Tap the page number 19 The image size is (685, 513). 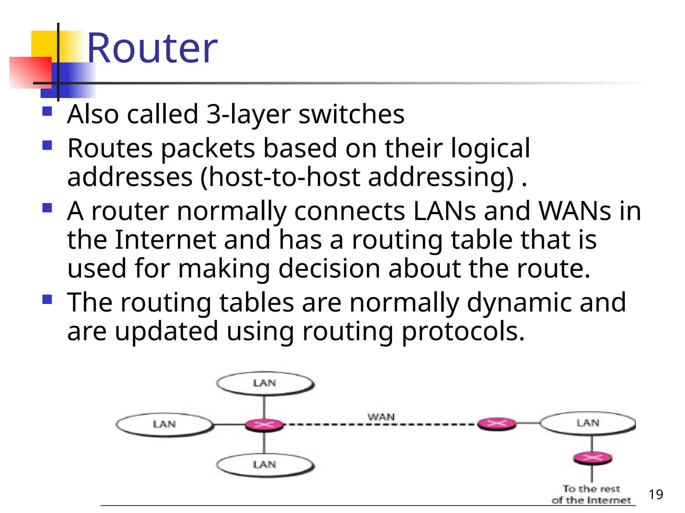click(x=656, y=494)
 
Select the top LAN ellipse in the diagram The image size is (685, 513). click(x=265, y=383)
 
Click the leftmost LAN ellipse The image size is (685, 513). click(x=164, y=424)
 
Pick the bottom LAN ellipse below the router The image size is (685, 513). click(x=265, y=465)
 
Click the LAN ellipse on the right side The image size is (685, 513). click(x=588, y=423)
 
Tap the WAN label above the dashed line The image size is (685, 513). click(x=381, y=417)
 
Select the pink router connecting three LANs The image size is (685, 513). click(x=264, y=425)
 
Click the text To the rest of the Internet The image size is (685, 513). click(x=591, y=495)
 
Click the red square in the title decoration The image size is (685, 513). click(x=30, y=72)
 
